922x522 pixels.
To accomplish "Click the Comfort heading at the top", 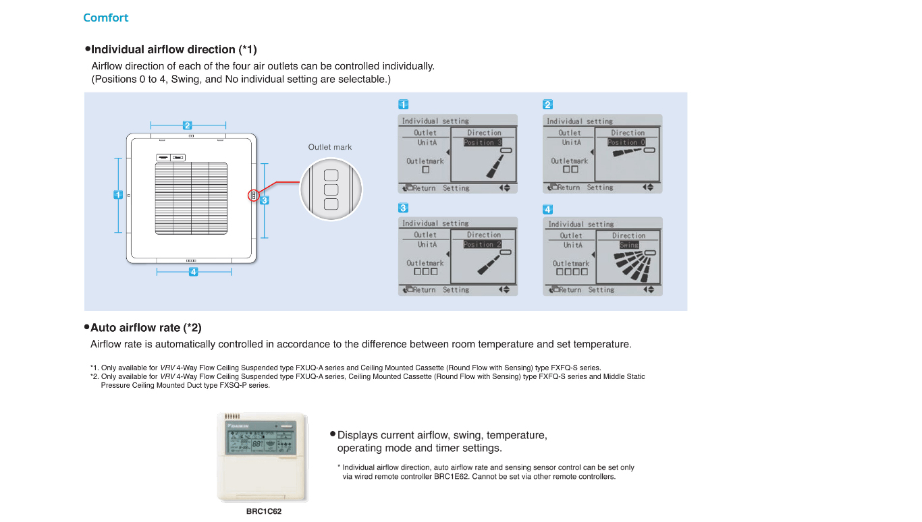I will [105, 18].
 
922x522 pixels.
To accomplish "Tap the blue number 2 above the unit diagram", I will [188, 125].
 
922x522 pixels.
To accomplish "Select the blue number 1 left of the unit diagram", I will [118, 194].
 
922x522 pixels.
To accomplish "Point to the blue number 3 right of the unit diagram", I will [265, 200].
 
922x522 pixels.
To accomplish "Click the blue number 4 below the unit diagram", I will [194, 272].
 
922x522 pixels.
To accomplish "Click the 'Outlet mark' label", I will [330, 147].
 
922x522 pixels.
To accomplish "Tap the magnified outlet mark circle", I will [331, 190].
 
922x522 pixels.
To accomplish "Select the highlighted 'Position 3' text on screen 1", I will [483, 142].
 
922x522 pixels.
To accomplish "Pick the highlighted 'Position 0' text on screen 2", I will [626, 142].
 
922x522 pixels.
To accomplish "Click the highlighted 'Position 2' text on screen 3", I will [483, 244].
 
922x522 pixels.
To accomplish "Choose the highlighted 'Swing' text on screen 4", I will [629, 245].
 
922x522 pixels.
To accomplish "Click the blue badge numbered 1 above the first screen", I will [403, 105].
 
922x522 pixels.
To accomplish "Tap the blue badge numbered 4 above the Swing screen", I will [548, 210].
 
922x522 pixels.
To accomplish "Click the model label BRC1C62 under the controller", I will [264, 511].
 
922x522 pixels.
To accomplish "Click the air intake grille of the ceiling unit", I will [191, 197].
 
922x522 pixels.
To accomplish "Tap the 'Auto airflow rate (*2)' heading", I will [146, 328].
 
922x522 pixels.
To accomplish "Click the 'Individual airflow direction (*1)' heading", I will [173, 49].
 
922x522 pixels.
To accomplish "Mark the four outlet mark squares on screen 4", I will [572, 272].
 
